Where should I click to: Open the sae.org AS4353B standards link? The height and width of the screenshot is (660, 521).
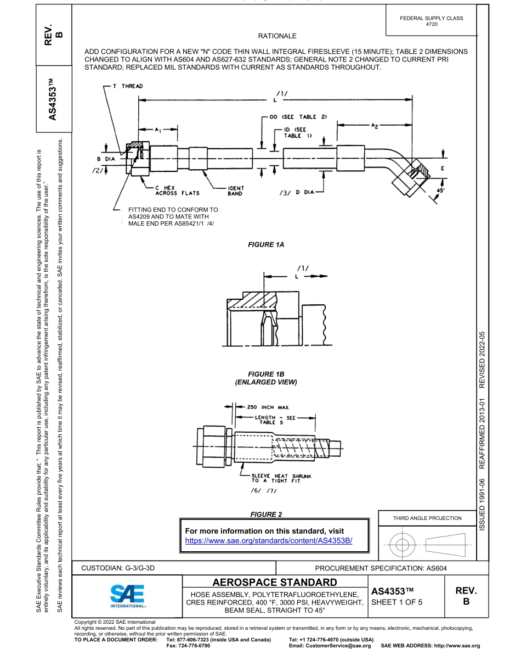(x=268, y=540)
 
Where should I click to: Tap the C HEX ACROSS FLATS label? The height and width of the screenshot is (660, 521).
(x=173, y=191)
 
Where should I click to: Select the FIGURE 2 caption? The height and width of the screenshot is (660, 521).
(x=266, y=514)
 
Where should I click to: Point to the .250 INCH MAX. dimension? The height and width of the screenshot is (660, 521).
(x=267, y=407)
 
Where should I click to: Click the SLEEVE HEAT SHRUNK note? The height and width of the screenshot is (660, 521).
(x=280, y=479)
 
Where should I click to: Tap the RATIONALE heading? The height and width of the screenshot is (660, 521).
(x=277, y=36)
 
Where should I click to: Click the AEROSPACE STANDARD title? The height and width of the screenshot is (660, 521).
(x=274, y=582)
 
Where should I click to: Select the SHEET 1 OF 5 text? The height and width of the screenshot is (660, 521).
(x=397, y=602)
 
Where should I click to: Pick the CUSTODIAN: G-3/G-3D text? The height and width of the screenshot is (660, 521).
(x=118, y=568)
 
